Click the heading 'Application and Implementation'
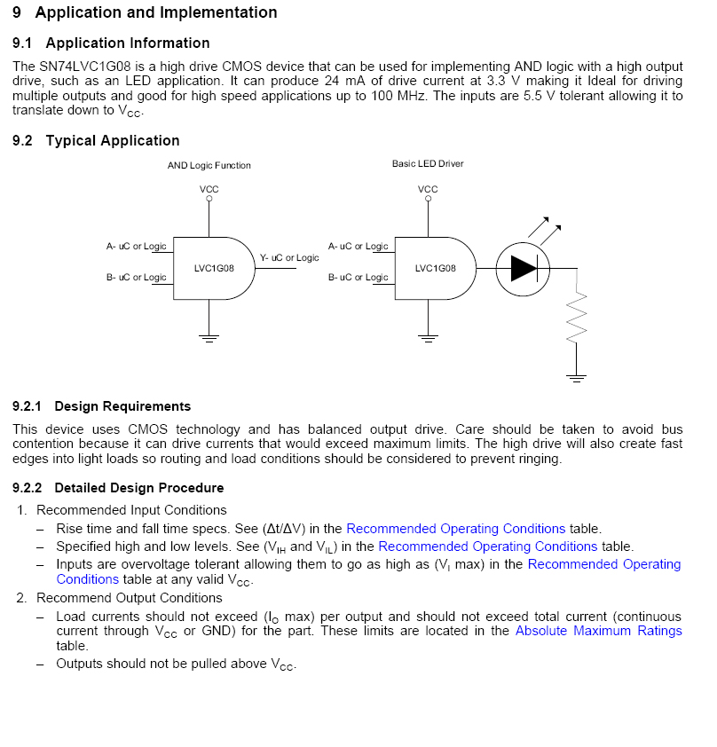click(x=155, y=13)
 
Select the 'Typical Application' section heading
click(x=112, y=141)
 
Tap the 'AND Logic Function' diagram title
click(x=209, y=166)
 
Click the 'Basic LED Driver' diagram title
click(x=428, y=164)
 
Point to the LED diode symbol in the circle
click(x=524, y=268)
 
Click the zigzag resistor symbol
click(x=578, y=315)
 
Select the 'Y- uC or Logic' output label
click(x=289, y=258)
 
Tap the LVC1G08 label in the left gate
click(x=214, y=268)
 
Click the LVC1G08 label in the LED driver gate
click(x=435, y=268)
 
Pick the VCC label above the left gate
click(x=209, y=190)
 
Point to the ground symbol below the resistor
click(x=578, y=378)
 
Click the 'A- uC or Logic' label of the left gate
click(x=137, y=247)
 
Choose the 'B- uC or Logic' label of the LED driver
click(x=358, y=278)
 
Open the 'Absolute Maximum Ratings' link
click(x=598, y=631)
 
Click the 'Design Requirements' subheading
click(x=122, y=406)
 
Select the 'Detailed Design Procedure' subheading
click(x=138, y=488)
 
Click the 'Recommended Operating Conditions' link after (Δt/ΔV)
click(x=455, y=529)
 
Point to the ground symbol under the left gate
click(x=209, y=338)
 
